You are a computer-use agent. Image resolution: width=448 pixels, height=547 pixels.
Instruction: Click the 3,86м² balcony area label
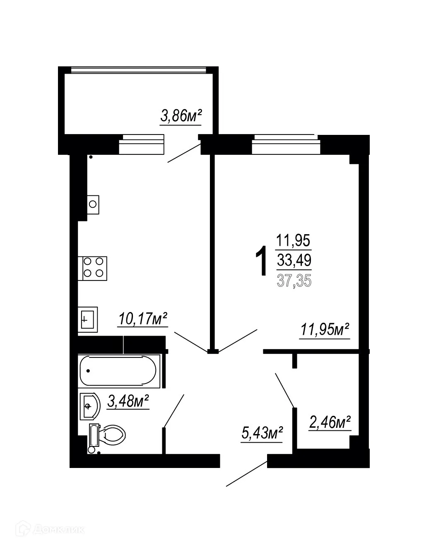(181, 116)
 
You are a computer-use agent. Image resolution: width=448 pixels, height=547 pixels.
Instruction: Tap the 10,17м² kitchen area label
(143, 319)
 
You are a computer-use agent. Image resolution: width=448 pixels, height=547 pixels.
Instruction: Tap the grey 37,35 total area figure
(294, 281)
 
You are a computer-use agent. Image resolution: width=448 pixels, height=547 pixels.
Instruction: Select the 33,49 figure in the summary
(294, 260)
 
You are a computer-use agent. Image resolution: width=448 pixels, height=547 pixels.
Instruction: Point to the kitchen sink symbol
(88, 319)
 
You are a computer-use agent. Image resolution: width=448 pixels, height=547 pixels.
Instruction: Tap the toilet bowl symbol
(111, 436)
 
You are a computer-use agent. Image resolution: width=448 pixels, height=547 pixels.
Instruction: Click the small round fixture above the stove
(93, 204)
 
